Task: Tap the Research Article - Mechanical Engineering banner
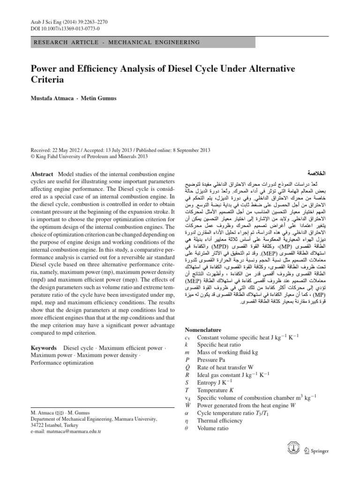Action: click(115, 42)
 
